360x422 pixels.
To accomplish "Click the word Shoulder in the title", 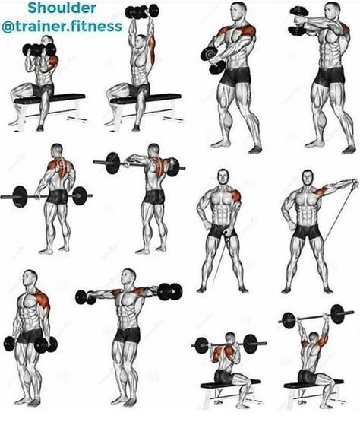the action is [62, 8].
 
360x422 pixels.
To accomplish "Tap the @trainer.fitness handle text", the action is [62, 27].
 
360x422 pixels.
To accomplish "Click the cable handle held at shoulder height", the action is [355, 183].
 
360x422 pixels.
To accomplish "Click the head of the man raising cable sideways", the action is [307, 177].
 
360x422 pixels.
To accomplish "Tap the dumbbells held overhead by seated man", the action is [142, 12].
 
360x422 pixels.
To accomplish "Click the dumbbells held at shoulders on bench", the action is [39, 49].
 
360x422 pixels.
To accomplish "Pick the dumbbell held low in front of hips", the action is [213, 61].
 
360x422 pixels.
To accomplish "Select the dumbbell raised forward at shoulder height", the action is [298, 22].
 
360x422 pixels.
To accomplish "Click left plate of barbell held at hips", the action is [21, 197].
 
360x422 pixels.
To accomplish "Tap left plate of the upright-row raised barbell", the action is [112, 163].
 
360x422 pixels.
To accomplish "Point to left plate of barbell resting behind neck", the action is [201, 345].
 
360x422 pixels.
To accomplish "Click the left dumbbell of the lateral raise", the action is [86, 297].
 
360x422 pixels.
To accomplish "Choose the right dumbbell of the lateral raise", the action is [170, 292].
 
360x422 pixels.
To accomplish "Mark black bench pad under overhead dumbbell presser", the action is [146, 98].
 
